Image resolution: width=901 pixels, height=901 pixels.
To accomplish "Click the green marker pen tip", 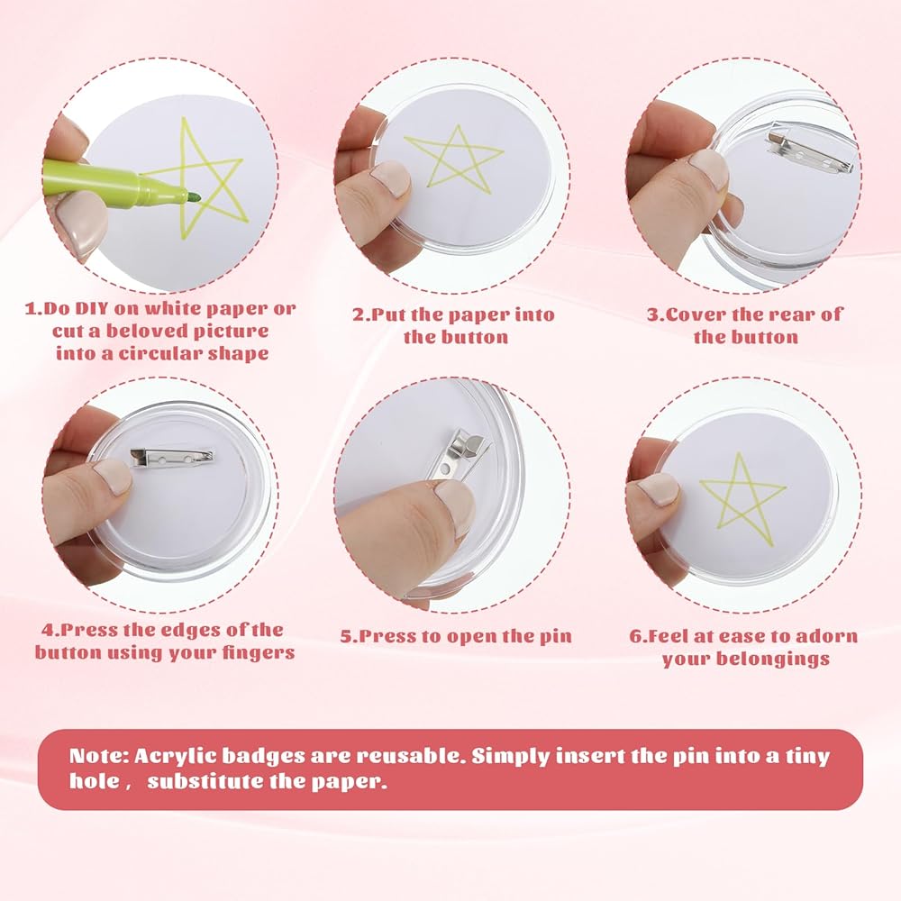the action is point(196,197).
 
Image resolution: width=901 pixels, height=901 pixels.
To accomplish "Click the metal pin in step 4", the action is point(172,458).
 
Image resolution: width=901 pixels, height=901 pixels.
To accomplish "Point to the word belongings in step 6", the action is point(770,660).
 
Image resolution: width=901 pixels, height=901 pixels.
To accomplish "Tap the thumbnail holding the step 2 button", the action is point(391,178).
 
